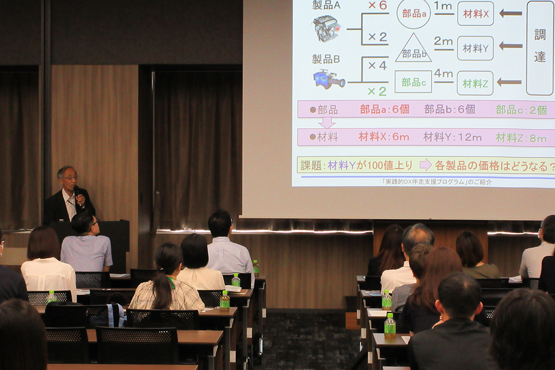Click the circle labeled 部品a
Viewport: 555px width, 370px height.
(413, 13)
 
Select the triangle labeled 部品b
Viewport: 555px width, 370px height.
(413, 49)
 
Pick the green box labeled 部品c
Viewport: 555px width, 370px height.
(413, 82)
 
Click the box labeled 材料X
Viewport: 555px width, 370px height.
(475, 14)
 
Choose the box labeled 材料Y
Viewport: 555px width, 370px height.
(475, 49)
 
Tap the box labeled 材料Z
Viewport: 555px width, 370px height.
(475, 83)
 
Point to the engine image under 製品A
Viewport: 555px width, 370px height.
(327, 27)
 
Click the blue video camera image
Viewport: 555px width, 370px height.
(328, 79)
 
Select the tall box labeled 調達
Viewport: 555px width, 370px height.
(540, 48)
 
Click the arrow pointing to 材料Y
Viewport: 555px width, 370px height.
(510, 46)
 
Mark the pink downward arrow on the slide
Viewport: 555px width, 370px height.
(327, 123)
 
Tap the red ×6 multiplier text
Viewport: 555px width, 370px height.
(377, 6)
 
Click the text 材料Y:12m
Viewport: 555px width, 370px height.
(452, 137)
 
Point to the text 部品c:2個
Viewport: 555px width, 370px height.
(521, 110)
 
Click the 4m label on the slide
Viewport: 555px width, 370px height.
(443, 74)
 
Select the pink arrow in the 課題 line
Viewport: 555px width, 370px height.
(425, 165)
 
